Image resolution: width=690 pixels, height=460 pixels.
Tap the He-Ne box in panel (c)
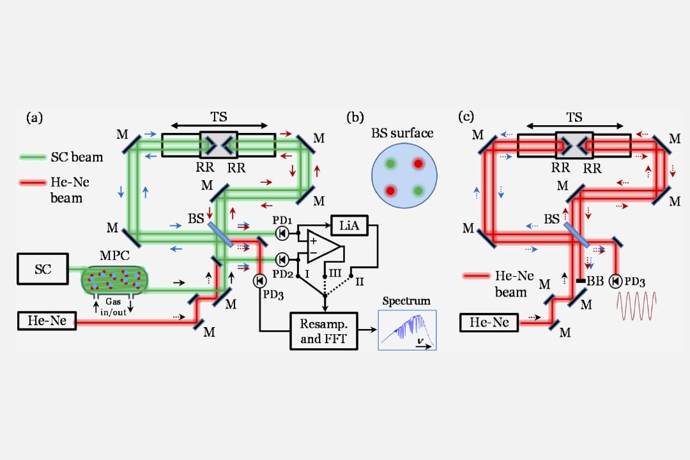(x=490, y=323)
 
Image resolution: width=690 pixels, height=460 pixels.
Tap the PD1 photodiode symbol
(x=282, y=234)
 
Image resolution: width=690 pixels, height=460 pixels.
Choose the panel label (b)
(x=355, y=117)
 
